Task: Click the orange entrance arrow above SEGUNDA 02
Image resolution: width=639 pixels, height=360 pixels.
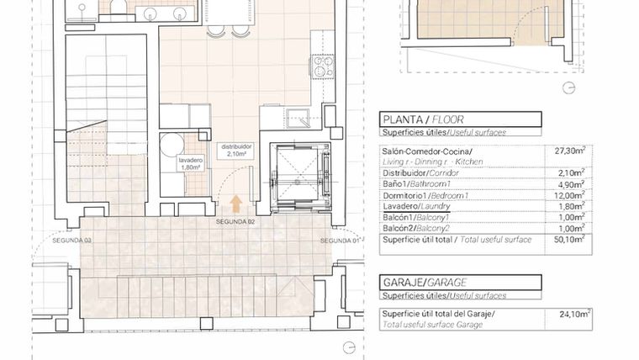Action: tap(236, 204)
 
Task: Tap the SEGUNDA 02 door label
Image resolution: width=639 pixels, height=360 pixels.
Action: tap(235, 222)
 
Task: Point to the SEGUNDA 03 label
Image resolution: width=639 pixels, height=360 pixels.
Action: tap(71, 241)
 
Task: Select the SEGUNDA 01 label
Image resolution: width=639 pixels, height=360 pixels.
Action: tap(341, 241)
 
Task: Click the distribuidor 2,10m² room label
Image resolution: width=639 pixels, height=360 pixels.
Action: tap(237, 150)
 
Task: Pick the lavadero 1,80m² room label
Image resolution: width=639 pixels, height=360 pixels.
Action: tap(190, 164)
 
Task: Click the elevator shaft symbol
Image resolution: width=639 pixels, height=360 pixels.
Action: tap(300, 178)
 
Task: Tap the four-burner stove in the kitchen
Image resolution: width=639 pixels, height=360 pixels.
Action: tap(323, 66)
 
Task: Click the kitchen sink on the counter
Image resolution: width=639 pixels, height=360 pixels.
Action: tap(298, 119)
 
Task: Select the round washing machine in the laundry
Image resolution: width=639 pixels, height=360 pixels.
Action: tap(172, 145)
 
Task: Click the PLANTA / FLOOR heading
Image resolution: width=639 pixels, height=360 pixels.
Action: tap(423, 120)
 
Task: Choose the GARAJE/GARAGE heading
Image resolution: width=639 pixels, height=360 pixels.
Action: tap(425, 283)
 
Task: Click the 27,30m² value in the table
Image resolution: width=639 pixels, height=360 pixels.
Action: tap(570, 151)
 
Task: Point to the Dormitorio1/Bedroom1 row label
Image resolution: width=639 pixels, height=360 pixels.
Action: tap(425, 196)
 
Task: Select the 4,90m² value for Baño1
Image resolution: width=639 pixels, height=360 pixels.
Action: tap(572, 185)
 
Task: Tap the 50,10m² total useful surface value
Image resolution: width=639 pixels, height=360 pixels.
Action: tap(570, 240)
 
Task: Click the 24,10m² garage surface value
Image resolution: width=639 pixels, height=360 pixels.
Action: tap(575, 314)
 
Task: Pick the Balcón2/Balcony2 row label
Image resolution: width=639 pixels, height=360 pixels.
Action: tap(416, 229)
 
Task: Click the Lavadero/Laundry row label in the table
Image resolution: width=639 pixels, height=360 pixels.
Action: tap(416, 207)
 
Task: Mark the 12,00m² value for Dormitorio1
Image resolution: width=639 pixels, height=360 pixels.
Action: tap(570, 196)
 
